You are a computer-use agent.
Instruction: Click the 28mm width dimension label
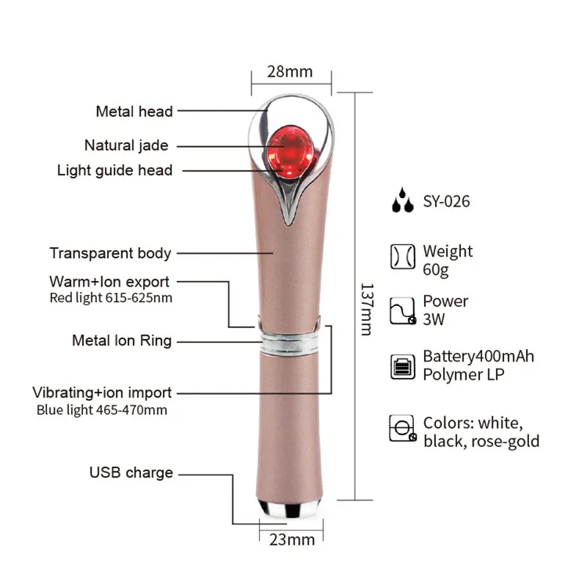[290, 72]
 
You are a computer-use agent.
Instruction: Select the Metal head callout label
[134, 112]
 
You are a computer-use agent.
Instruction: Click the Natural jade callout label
[126, 146]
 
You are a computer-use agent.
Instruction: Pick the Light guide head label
[115, 171]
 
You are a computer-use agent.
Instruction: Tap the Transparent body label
[110, 253]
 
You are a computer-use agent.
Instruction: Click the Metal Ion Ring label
[122, 340]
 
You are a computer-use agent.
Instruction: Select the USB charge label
[131, 473]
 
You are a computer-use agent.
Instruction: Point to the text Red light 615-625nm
[111, 297]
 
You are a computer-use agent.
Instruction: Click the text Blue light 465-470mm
[102, 409]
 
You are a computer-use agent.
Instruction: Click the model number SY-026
[446, 202]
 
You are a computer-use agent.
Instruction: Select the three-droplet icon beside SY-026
[402, 201]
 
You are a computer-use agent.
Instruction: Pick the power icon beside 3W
[402, 310]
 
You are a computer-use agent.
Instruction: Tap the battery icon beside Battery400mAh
[402, 366]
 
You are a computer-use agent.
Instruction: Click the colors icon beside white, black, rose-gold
[402, 429]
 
